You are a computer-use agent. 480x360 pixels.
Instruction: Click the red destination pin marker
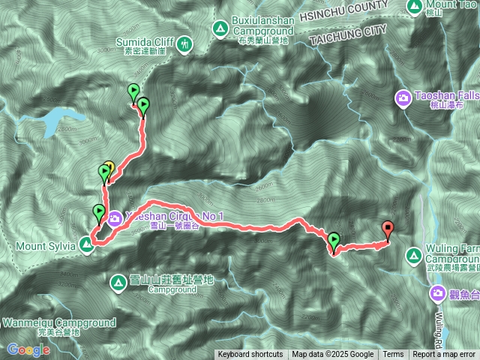(x=388, y=229)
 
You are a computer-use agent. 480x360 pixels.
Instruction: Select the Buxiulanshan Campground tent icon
(x=220, y=29)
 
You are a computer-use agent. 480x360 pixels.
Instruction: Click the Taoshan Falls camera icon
(x=403, y=97)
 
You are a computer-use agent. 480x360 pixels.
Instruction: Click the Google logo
(x=28, y=349)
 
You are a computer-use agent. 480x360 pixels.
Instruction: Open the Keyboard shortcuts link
(x=250, y=355)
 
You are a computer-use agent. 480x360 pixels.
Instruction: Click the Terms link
(x=393, y=355)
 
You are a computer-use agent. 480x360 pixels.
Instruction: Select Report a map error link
(x=444, y=355)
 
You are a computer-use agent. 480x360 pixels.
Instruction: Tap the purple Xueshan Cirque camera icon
(x=115, y=218)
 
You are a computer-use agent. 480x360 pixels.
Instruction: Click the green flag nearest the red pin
(x=334, y=241)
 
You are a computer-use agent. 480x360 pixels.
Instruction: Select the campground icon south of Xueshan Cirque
(x=118, y=283)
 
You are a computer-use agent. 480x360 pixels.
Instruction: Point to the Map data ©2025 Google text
(x=333, y=355)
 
